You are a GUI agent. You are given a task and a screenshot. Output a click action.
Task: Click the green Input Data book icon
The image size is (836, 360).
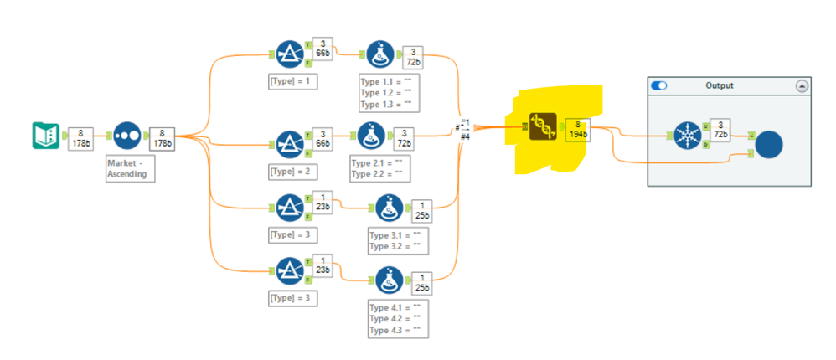click(x=45, y=136)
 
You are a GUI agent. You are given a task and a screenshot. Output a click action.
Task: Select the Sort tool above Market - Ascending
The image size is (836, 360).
click(x=126, y=136)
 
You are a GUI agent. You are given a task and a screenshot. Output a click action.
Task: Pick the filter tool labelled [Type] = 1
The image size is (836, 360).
click(x=290, y=54)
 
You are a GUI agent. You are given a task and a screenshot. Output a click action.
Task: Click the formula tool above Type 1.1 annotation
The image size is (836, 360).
click(x=379, y=55)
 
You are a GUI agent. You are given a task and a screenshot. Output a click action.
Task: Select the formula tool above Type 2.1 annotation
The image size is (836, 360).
click(x=371, y=136)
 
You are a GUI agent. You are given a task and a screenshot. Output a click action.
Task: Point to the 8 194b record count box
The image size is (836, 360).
click(x=577, y=130)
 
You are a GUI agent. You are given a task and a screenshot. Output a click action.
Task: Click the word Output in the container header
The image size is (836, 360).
click(x=718, y=85)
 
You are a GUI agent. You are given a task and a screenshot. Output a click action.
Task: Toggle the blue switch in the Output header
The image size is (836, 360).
click(x=659, y=85)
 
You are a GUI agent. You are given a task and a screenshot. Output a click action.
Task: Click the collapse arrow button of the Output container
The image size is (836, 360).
click(x=802, y=85)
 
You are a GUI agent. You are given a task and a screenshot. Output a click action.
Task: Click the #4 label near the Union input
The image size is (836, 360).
click(x=466, y=137)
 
